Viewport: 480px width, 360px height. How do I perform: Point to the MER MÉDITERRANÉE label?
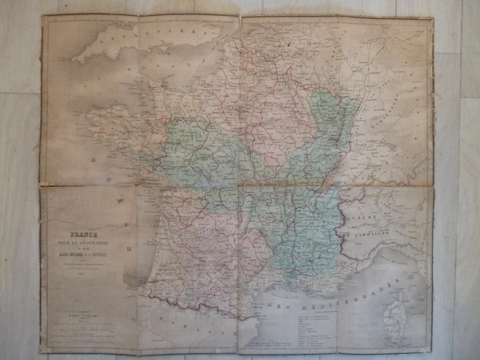pyautogui.click(x=322, y=301)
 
